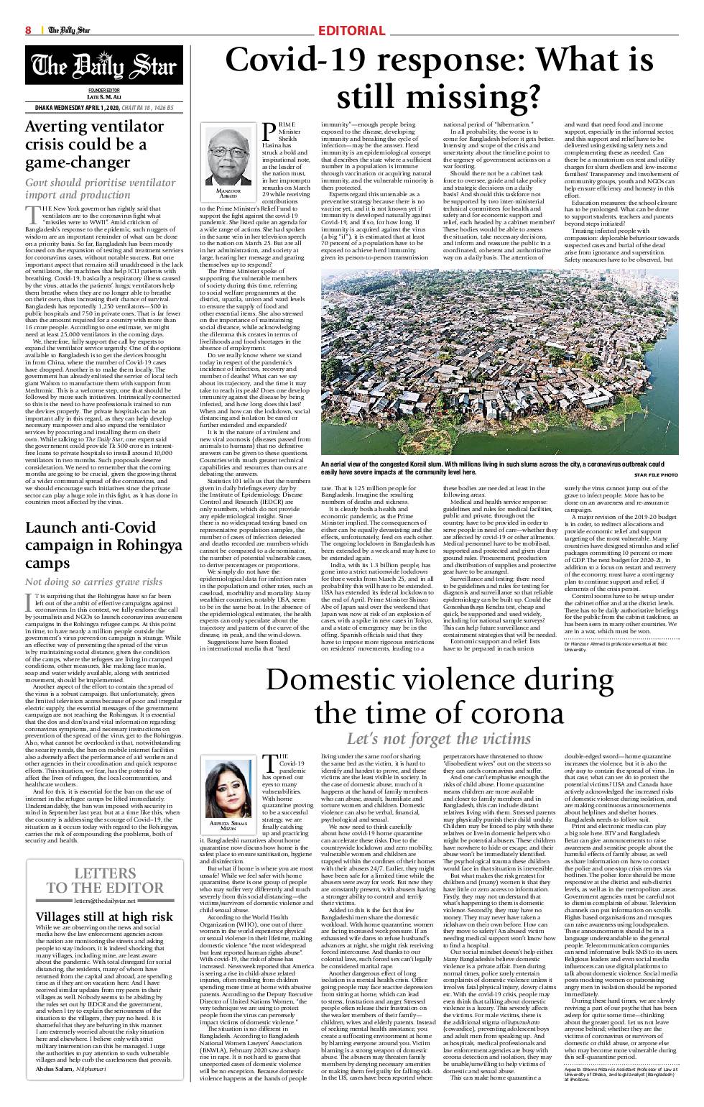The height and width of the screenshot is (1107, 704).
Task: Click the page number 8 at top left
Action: point(29,30)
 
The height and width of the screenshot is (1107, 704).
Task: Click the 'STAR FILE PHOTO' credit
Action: point(656,475)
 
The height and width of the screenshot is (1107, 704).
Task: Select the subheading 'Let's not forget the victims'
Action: point(439,738)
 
